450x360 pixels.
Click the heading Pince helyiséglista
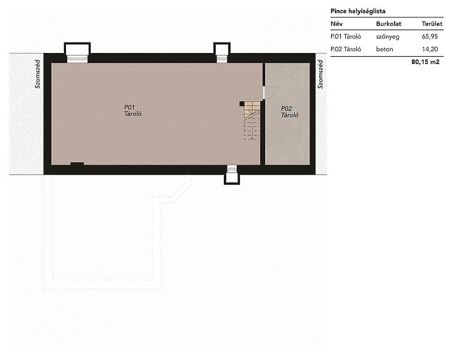358,12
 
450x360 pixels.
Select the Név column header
337,24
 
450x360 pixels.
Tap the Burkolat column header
388,24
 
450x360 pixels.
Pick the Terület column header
432,24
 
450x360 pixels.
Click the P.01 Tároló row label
346,36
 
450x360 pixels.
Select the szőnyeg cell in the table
388,37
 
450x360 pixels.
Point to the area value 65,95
430,36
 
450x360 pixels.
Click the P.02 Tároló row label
346,49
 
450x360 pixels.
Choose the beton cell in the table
385,49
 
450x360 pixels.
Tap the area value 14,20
430,49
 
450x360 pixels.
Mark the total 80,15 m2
425,62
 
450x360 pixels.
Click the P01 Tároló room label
133,110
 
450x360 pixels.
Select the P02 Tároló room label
290,112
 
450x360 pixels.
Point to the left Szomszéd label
38,74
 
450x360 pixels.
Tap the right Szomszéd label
321,74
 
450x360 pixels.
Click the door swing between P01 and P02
271,92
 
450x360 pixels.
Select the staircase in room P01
252,121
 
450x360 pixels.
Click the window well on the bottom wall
232,175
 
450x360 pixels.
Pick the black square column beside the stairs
242,104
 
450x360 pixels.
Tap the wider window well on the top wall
77,52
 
